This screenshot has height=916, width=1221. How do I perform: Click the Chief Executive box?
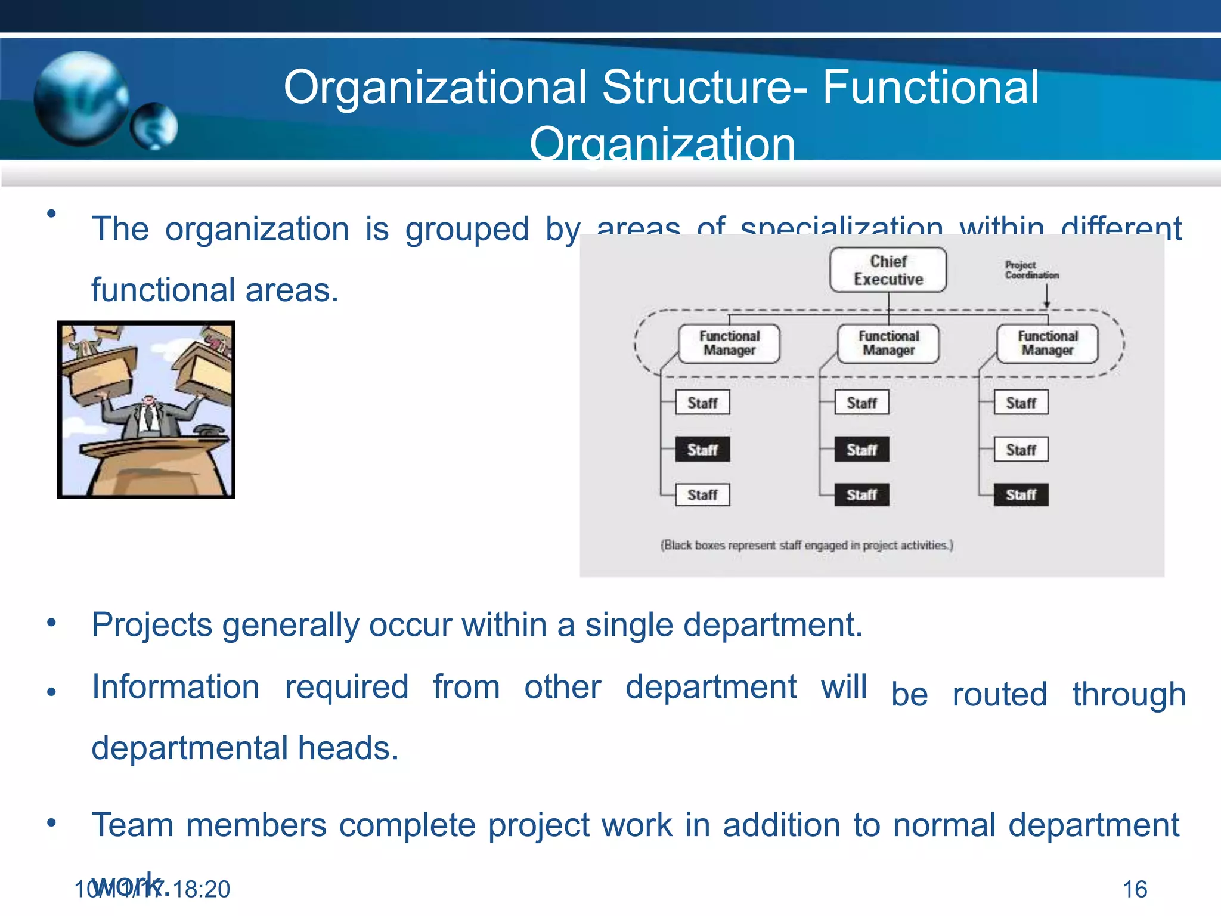888,270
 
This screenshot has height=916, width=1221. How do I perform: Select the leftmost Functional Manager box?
729,343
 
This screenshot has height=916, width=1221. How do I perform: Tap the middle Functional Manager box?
888,343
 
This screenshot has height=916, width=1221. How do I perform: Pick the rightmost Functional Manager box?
1048,343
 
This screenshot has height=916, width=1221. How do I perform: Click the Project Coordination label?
1031,270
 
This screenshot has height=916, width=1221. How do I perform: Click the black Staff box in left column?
702,450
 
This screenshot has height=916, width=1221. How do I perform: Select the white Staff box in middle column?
861,403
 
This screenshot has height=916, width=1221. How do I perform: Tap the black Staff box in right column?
1021,494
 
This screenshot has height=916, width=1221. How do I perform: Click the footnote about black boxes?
806,545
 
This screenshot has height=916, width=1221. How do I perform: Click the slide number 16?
1135,889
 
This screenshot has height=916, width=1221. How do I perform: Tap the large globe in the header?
80,98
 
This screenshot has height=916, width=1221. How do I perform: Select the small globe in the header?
154,126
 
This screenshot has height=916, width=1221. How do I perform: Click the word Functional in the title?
930,88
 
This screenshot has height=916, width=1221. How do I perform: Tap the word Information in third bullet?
175,687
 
